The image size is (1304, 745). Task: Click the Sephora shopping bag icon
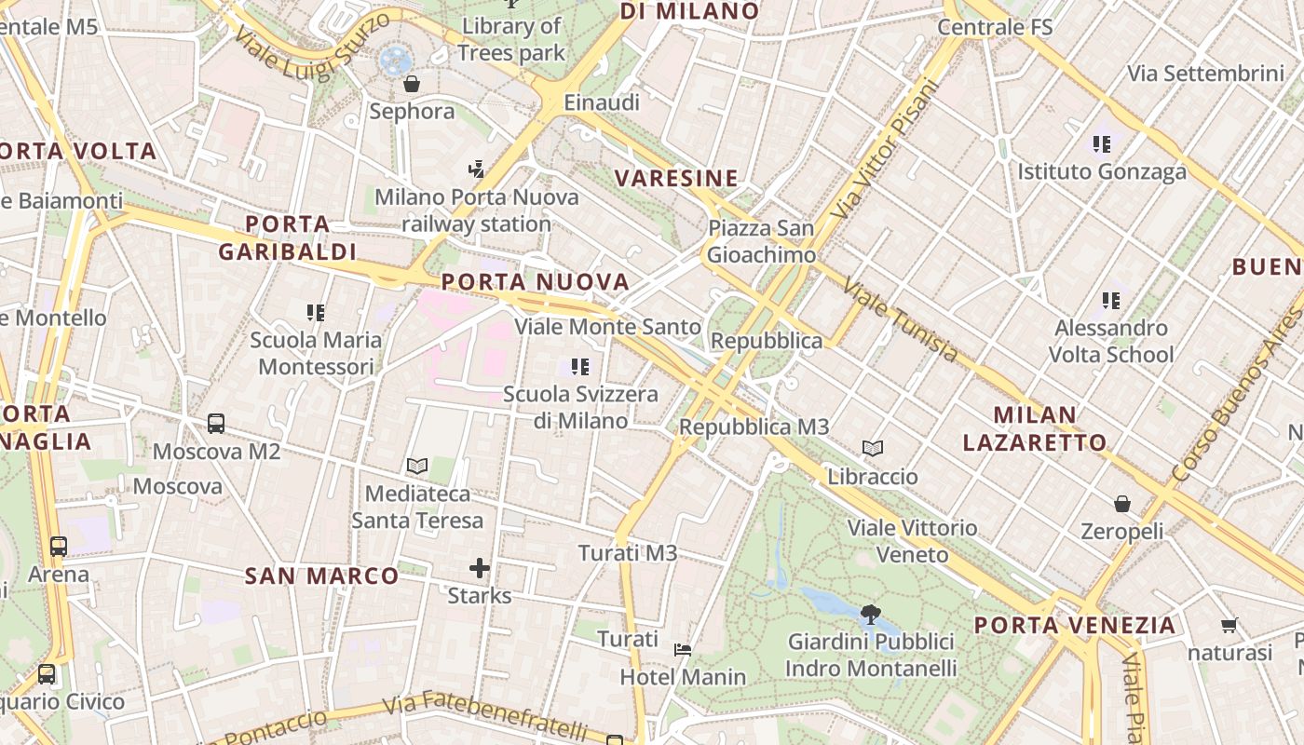tap(412, 85)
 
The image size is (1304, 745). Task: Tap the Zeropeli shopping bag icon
tap(1122, 504)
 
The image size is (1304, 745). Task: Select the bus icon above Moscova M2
tap(216, 424)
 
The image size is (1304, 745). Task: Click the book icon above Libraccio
tap(873, 449)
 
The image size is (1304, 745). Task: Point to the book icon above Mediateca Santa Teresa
tap(417, 466)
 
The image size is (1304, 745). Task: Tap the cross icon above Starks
tap(480, 567)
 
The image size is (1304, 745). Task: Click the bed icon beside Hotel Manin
tap(683, 649)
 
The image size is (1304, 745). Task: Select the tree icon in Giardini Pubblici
tap(871, 614)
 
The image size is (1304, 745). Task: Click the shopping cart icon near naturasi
tap(1229, 626)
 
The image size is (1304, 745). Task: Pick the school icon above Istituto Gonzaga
tap(1102, 144)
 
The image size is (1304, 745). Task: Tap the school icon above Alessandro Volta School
tap(1110, 301)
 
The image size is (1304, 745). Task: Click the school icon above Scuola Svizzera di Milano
tap(580, 367)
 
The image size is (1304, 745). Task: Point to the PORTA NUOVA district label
tap(536, 281)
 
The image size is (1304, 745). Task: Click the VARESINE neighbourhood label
tap(676, 178)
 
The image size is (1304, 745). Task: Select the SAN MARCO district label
tap(322, 576)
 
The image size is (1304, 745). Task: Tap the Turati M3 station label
tap(628, 553)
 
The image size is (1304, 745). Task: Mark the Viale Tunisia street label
tap(900, 320)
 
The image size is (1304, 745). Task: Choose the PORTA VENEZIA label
tap(1075, 625)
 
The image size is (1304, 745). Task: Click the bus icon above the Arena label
tap(59, 547)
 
